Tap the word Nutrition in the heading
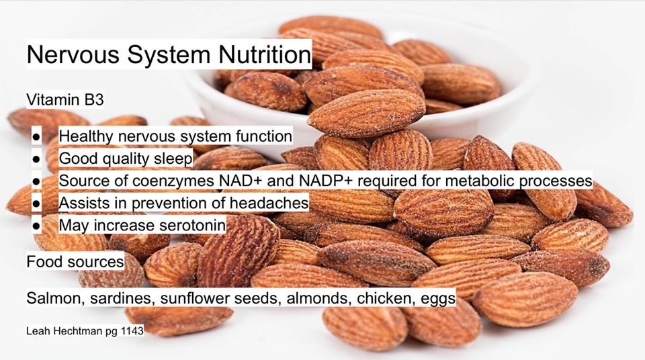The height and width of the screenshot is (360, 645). [265, 54]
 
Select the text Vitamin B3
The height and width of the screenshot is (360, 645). [65, 99]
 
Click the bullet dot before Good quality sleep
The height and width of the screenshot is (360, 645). [36, 159]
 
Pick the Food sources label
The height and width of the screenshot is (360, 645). [75, 262]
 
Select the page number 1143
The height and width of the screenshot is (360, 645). [132, 330]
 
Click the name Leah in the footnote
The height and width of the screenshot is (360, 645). [35, 330]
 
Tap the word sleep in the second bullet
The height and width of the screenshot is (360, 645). [173, 159]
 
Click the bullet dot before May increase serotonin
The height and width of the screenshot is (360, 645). [36, 226]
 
